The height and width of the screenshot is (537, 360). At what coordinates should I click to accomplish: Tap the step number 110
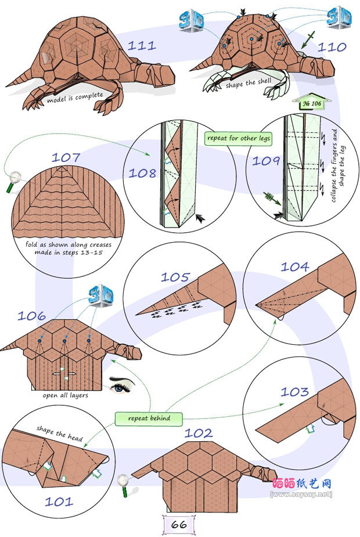pyautogui.click(x=332, y=47)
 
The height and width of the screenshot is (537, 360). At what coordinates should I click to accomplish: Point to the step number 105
pyautogui.click(x=175, y=277)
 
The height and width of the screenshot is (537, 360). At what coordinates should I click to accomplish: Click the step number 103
pyautogui.click(x=295, y=392)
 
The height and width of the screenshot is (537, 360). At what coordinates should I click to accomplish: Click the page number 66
pyautogui.click(x=179, y=524)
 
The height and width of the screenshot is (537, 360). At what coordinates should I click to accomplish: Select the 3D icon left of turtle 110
pyautogui.click(x=191, y=20)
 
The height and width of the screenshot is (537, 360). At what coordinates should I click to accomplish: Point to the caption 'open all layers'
pyautogui.click(x=65, y=395)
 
